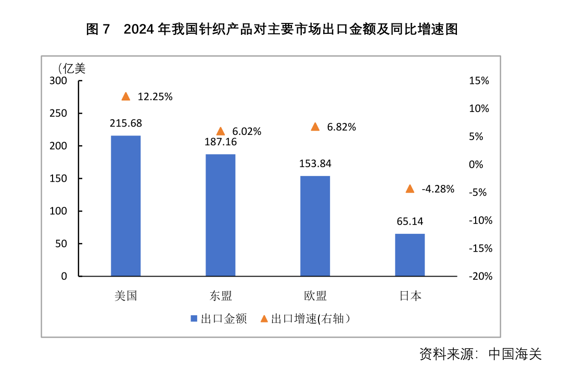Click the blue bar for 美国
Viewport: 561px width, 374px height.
click(x=125, y=206)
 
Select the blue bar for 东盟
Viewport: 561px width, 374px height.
click(x=220, y=215)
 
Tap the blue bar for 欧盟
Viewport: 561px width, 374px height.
click(x=315, y=226)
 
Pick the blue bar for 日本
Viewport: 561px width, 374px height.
click(x=410, y=255)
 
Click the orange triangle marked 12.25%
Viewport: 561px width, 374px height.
click(x=125, y=96)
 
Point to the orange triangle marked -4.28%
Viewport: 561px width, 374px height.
click(x=410, y=189)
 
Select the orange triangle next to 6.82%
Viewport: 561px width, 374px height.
click(x=315, y=127)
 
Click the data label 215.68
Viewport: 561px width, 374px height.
click(x=125, y=123)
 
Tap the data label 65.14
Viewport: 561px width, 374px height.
click(x=410, y=221)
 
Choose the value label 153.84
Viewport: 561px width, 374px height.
click(x=315, y=164)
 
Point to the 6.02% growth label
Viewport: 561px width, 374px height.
click(x=247, y=132)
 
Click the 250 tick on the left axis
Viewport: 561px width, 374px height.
click(x=58, y=114)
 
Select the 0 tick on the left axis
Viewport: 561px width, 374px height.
click(x=65, y=276)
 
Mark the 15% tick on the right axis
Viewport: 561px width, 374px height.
click(x=479, y=81)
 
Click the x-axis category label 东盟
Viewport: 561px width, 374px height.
click(x=221, y=296)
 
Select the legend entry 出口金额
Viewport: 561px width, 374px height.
click(x=219, y=319)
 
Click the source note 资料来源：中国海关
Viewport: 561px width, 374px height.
click(x=480, y=355)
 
